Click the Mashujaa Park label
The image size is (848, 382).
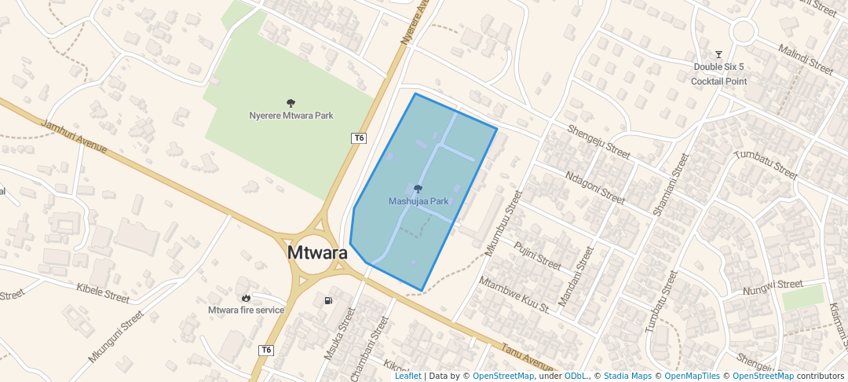(x=419, y=201)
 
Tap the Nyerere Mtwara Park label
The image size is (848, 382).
(x=291, y=116)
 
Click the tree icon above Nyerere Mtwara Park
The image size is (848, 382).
(x=291, y=103)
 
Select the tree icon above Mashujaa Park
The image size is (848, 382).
(x=418, y=189)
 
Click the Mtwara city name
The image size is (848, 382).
(x=317, y=253)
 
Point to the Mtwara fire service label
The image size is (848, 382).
(x=246, y=310)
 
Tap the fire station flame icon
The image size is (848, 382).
(x=247, y=297)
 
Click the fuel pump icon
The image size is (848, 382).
(x=327, y=300)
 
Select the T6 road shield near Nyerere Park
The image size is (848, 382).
(x=359, y=138)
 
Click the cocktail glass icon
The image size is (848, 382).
(x=718, y=54)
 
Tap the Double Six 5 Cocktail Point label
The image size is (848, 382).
(x=718, y=74)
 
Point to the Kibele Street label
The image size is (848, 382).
(x=103, y=292)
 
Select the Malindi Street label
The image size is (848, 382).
(x=805, y=60)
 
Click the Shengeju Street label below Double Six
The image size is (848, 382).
(x=598, y=142)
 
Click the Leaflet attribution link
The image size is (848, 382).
(x=408, y=376)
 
